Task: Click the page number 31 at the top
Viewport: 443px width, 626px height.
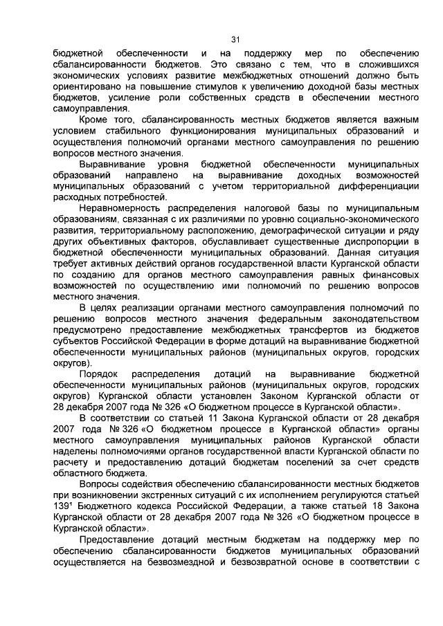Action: point(235,39)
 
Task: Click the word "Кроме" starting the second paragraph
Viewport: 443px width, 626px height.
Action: point(95,120)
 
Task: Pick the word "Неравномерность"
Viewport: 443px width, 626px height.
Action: point(118,208)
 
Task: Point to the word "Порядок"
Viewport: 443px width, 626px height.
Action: point(100,374)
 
